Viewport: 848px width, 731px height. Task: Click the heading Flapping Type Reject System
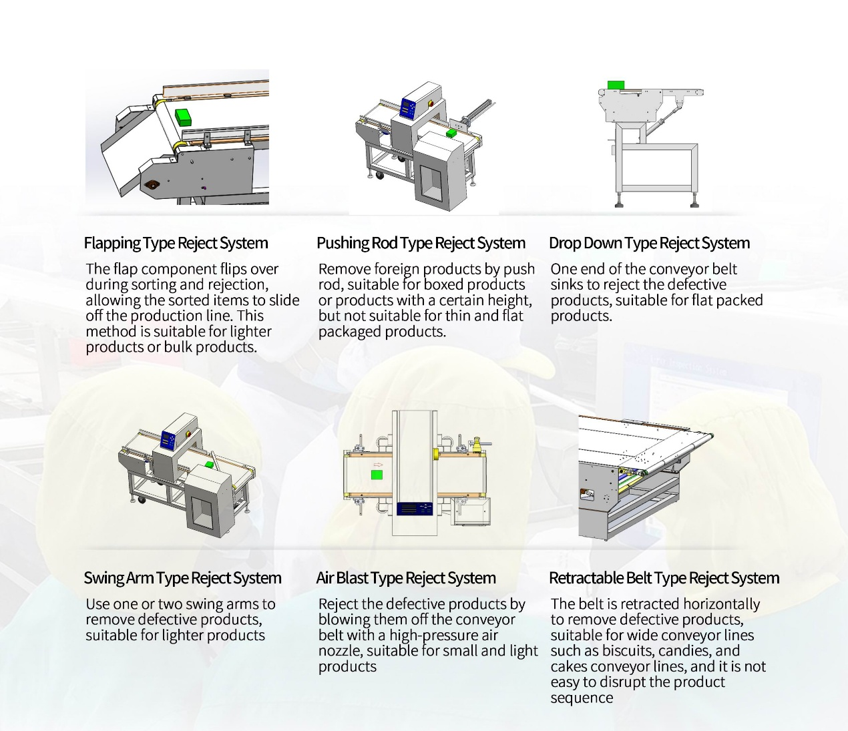pos(176,243)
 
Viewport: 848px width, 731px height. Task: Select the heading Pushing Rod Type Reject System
pos(421,243)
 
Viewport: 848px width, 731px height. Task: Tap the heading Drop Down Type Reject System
pos(649,243)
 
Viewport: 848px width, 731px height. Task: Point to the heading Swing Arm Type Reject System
pos(182,578)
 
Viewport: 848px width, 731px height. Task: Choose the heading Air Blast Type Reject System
pos(406,578)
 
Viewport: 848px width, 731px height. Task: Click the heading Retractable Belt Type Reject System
pos(664,578)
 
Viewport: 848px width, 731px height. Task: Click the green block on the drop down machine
pos(616,85)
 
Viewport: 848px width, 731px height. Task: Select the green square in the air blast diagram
pos(377,475)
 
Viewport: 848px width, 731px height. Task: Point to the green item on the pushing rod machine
pos(452,133)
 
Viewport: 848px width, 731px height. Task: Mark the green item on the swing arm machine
pos(210,464)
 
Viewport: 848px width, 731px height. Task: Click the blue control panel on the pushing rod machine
pos(408,106)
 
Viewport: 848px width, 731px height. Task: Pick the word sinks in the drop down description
pos(567,285)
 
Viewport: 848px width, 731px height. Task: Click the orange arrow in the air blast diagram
pos(378,465)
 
